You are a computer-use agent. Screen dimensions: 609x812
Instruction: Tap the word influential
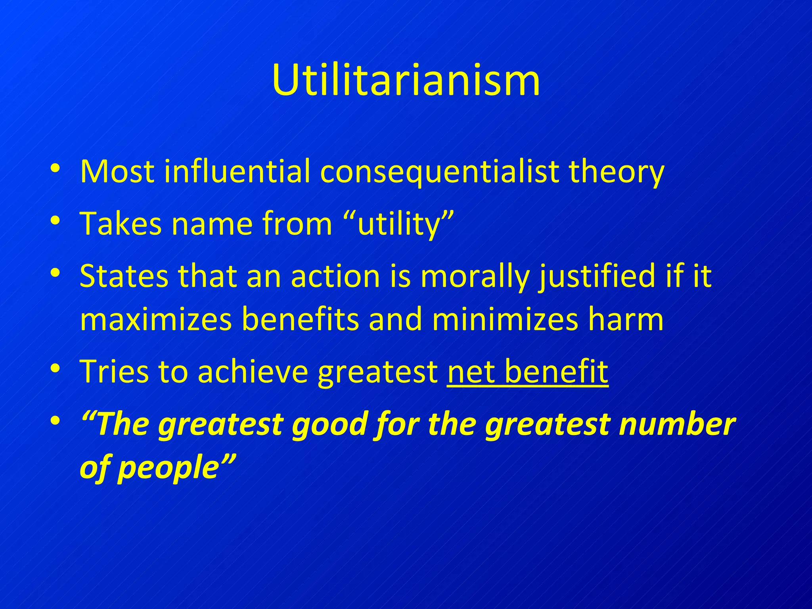point(237,172)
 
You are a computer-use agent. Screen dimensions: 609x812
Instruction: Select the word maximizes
point(156,320)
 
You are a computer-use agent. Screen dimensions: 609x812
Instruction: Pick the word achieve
point(253,372)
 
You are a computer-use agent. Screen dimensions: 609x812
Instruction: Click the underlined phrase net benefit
point(528,372)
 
